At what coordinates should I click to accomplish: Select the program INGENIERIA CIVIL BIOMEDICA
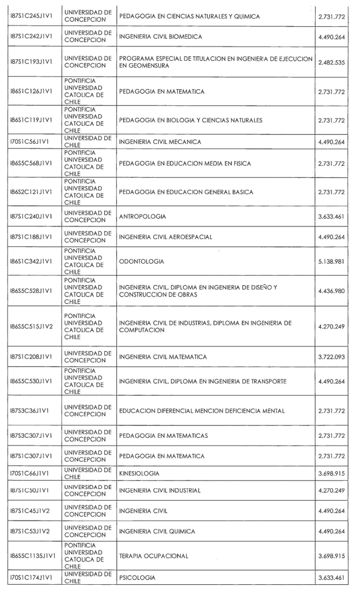[160, 37]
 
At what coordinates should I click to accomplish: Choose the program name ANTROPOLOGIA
[142, 217]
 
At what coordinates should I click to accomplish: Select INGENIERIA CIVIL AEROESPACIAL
[166, 237]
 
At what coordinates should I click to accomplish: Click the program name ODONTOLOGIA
[141, 261]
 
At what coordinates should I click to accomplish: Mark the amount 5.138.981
[332, 261]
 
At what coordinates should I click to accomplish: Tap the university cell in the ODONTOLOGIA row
[84, 261]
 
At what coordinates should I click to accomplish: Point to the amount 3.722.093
[332, 357]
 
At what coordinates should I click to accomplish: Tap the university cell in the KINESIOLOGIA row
[87, 473]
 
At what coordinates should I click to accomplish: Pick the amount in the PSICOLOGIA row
[332, 578]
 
